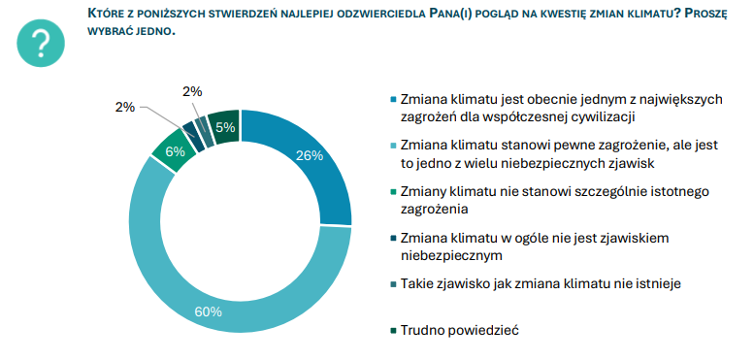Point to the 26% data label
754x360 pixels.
click(310, 155)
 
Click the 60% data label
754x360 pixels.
click(209, 311)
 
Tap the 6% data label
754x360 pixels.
click(175, 151)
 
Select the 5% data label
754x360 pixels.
click(225, 127)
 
